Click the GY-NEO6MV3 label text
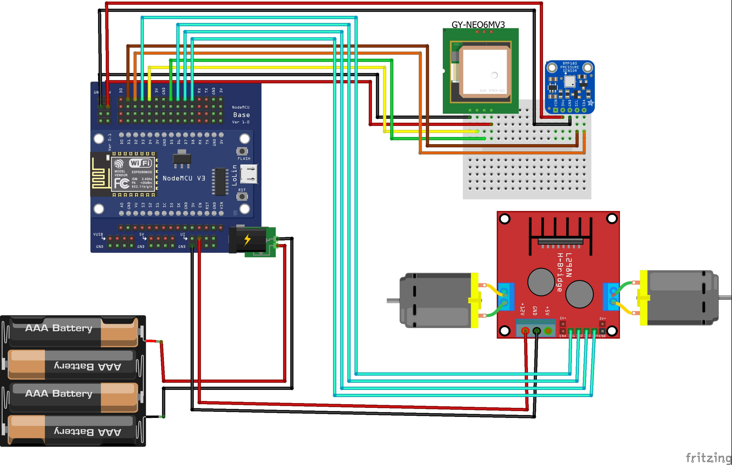478,24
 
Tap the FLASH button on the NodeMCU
242,151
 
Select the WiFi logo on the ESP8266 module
140,163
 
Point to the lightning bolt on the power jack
247,240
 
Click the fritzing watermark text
708,457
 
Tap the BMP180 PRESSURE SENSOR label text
570,67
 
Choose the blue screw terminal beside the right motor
611,297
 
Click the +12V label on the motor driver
522,309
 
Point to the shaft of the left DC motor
393,300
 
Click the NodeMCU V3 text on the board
184,178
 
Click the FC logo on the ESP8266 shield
122,183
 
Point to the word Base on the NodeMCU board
241,115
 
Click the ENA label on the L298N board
563,336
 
